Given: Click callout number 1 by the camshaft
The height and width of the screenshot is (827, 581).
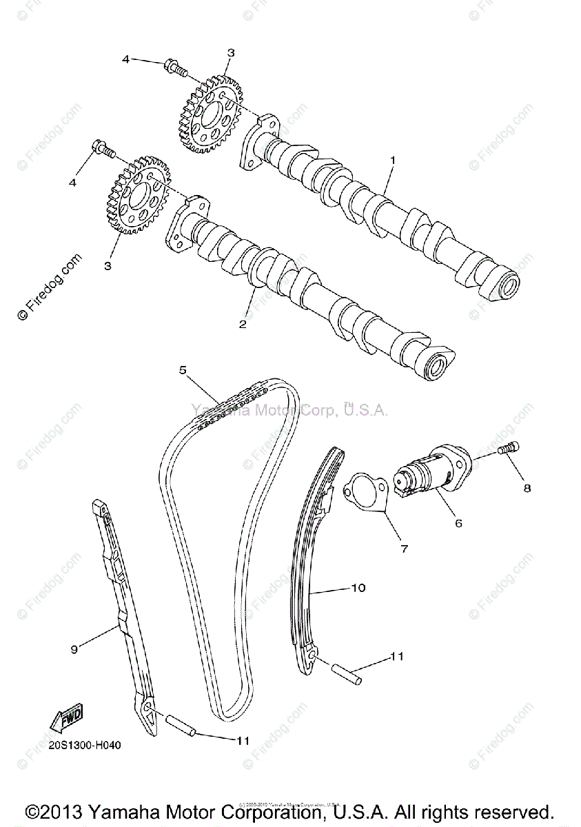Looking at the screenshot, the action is click(392, 161).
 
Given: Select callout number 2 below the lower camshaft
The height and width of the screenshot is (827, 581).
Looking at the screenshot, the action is click(243, 324).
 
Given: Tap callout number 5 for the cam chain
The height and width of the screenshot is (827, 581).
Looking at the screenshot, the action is click(183, 370).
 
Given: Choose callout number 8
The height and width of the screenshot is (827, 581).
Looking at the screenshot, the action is click(527, 488).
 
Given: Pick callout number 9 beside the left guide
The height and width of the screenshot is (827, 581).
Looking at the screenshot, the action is click(74, 648).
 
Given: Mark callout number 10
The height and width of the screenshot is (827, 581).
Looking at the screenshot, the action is click(358, 588).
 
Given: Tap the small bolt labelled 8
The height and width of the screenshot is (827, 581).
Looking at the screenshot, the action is click(509, 449).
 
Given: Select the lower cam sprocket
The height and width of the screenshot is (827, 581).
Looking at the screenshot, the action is click(139, 194).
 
